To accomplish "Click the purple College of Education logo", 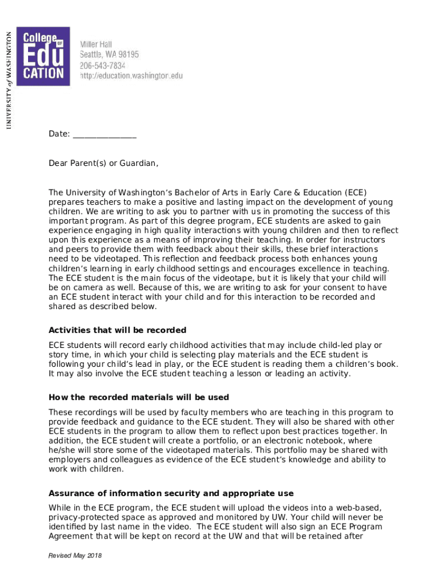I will pos(43,56).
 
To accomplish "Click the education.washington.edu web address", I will pos(131,76).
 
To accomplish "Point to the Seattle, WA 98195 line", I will pos(109,55).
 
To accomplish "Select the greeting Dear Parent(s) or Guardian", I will pos(103,164).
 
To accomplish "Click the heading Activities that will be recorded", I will pos(117,330).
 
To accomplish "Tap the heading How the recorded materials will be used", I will pos(139,397).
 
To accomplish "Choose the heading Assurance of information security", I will pos(171,493).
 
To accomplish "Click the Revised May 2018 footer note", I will pos(75,556).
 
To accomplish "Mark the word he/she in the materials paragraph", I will pos(62,450).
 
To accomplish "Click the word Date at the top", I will pos(59,134).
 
